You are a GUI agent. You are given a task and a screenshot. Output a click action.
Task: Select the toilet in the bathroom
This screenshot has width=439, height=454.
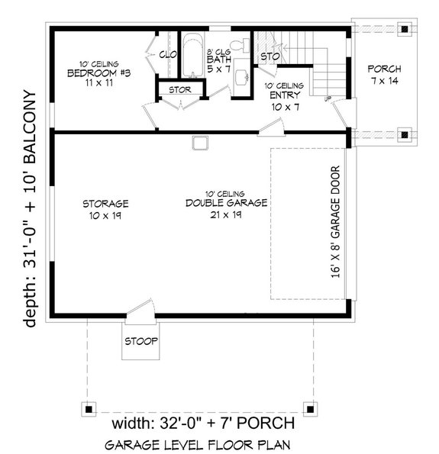click(x=241, y=48)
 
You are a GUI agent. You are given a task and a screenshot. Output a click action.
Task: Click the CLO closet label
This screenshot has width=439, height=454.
click(x=168, y=54)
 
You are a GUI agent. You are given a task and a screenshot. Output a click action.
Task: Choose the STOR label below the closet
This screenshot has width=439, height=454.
click(x=180, y=89)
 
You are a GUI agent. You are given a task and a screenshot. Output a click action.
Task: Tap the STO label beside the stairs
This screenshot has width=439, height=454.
click(x=268, y=56)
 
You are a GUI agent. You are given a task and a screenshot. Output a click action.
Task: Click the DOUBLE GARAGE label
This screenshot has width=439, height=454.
click(x=225, y=203)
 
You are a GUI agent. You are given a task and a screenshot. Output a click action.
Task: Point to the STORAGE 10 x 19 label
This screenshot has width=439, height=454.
click(x=105, y=210)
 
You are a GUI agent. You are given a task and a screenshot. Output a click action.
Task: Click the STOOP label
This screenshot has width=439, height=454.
click(x=143, y=340)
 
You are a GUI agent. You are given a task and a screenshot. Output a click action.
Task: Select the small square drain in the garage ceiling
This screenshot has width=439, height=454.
click(x=201, y=143)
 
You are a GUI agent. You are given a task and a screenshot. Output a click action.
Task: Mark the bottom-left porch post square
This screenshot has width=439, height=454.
click(x=89, y=406)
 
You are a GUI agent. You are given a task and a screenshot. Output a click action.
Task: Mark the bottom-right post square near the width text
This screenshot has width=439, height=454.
click(x=309, y=406)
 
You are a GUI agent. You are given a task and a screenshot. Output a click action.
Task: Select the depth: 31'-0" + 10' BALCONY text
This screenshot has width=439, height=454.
click(x=31, y=209)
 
